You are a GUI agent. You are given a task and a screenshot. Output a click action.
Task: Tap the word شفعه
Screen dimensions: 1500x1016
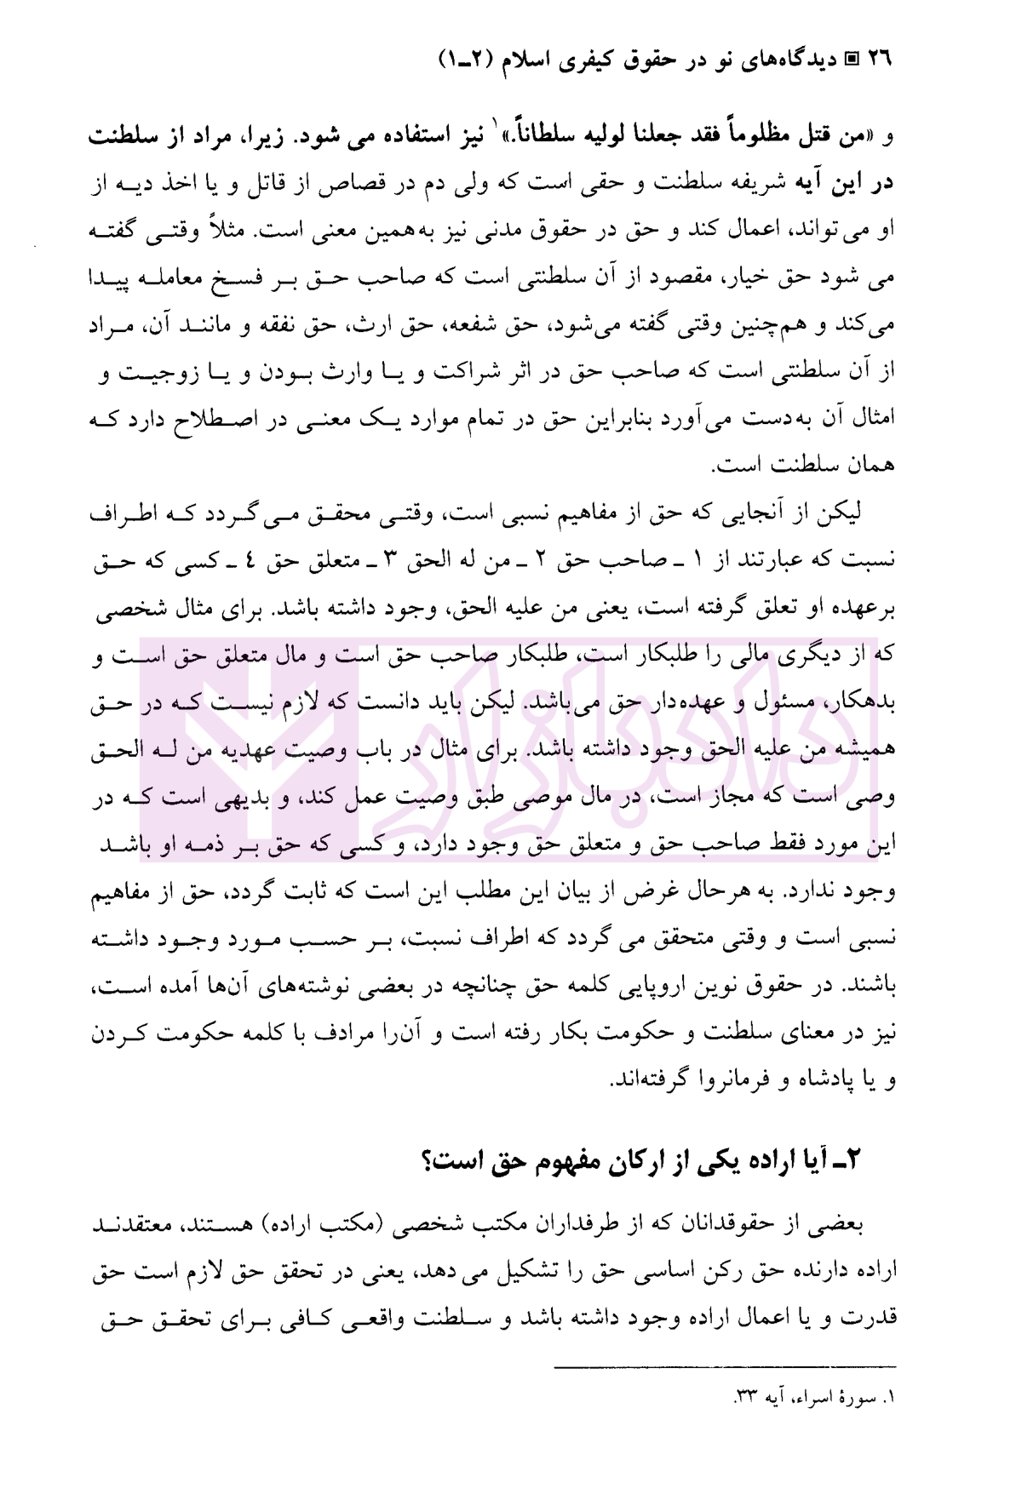(467, 326)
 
